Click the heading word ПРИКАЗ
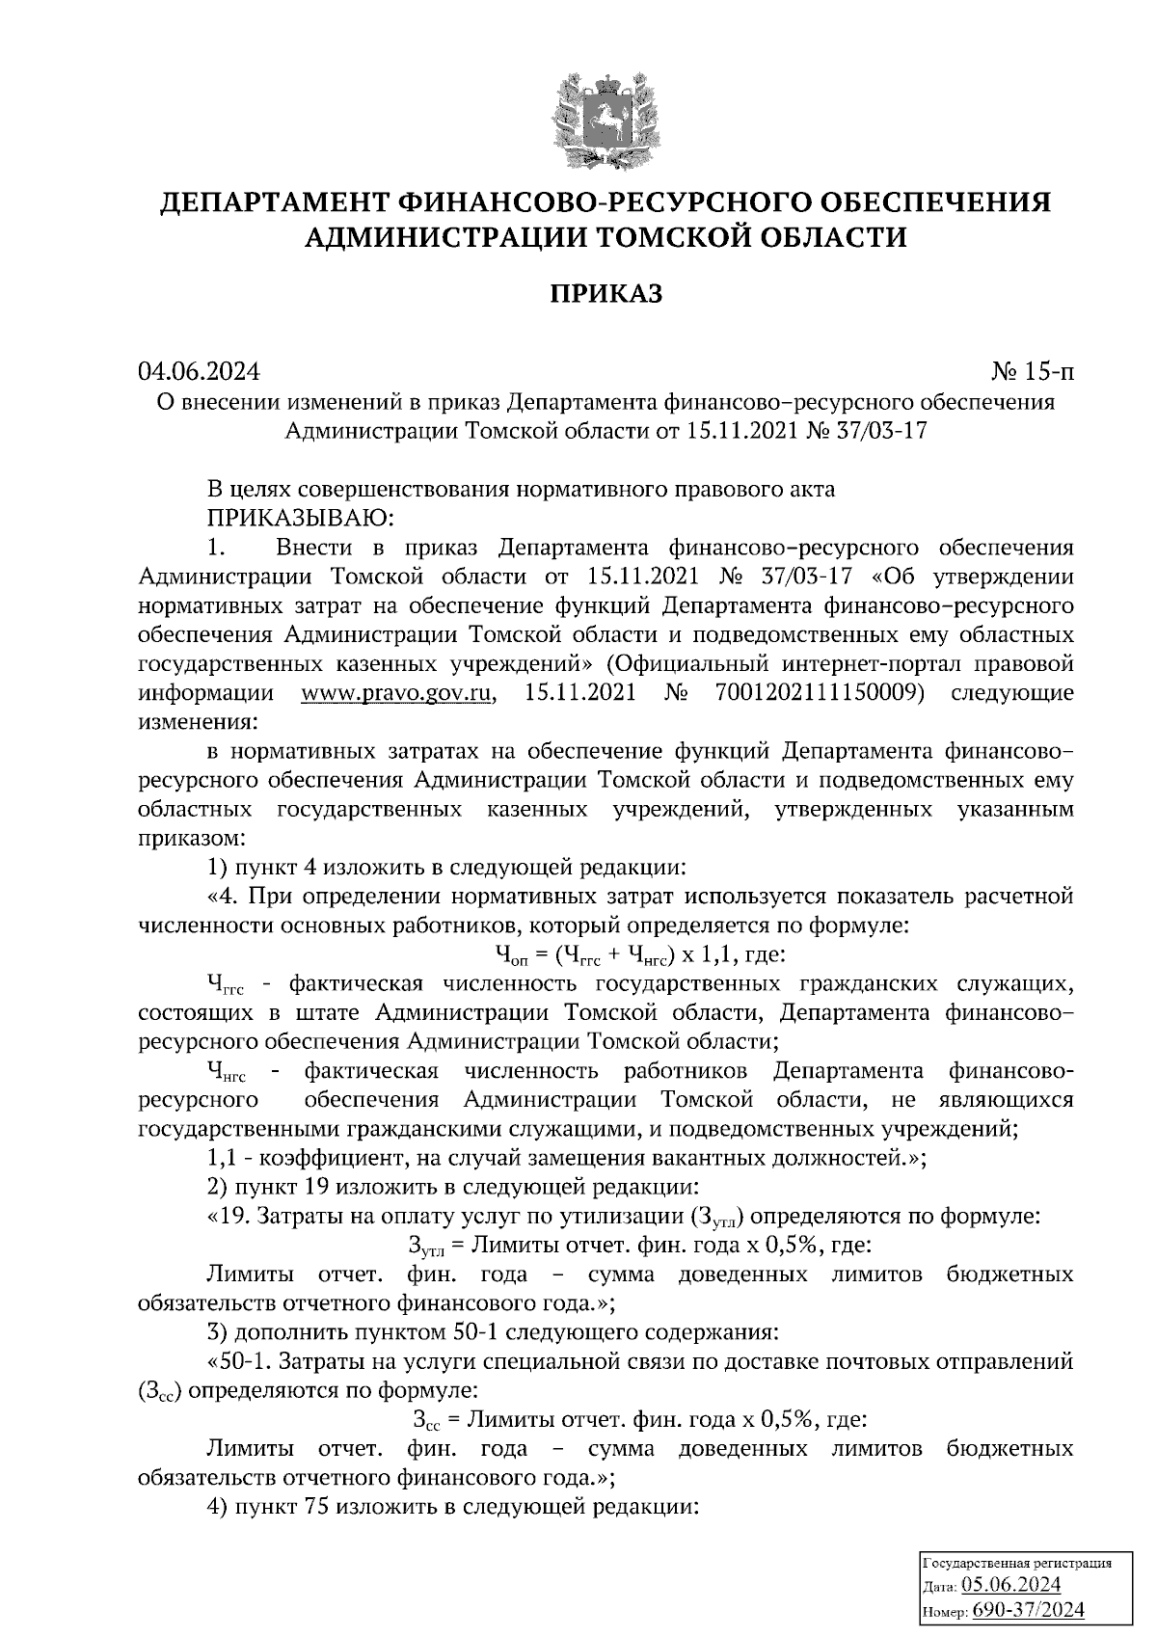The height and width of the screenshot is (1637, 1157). (606, 293)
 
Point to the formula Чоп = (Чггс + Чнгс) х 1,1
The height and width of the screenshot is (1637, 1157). (632, 955)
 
